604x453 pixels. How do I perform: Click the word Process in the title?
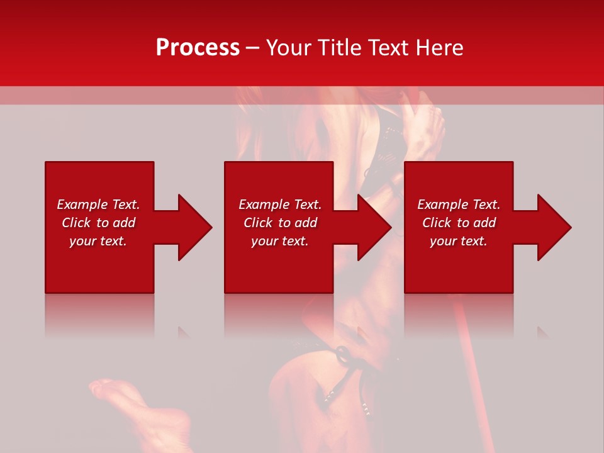click(198, 48)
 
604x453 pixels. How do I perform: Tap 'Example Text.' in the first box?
click(98, 204)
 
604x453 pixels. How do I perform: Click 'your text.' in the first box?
click(98, 241)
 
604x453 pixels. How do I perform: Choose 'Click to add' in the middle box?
click(280, 223)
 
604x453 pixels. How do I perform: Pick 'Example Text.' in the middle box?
click(280, 204)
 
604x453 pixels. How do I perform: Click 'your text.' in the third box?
click(459, 241)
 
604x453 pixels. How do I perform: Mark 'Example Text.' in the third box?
click(459, 204)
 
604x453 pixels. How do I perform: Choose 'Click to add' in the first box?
click(98, 223)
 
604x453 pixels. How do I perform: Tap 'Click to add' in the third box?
click(459, 223)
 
